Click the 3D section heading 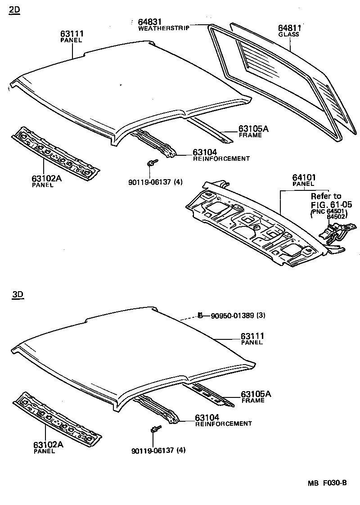click(x=18, y=295)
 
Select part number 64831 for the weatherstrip click(x=150, y=22)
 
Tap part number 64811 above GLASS click(x=289, y=28)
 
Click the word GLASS click(x=288, y=35)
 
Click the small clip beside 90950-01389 click(x=199, y=315)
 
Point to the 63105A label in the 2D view click(x=253, y=129)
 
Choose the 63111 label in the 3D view click(x=252, y=336)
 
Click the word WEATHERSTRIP click(x=163, y=28)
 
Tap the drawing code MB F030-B click(x=327, y=483)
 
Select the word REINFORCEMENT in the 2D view click(x=221, y=159)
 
